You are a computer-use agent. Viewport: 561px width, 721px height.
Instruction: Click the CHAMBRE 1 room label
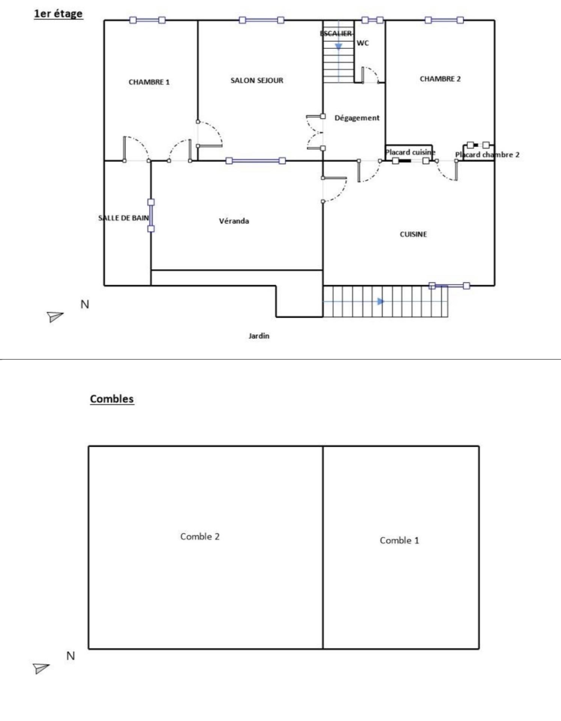[x=149, y=82]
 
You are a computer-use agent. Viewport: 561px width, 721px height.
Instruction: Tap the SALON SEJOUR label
[x=257, y=80]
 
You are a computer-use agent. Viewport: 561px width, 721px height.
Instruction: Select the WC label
[x=363, y=43]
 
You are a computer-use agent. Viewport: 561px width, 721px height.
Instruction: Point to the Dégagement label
[x=357, y=118]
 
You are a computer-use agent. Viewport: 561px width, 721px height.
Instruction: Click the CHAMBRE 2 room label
[x=440, y=79]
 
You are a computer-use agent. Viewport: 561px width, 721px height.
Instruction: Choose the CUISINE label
[x=413, y=234]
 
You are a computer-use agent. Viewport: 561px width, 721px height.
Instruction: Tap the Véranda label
[x=234, y=221]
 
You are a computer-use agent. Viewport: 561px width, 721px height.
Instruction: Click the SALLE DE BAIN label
[x=124, y=218]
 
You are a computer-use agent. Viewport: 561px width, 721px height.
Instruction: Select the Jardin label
[x=259, y=336]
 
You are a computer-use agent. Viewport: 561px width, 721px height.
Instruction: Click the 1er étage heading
[x=58, y=14]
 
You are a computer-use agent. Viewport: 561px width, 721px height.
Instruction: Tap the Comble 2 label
[x=200, y=536]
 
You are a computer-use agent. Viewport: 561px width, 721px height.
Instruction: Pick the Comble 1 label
[x=399, y=540]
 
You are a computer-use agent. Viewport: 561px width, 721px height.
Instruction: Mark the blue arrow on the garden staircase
[x=381, y=301]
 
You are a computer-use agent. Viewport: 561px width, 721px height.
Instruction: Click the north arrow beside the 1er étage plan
[x=55, y=317]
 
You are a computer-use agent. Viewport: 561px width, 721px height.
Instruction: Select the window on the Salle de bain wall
[x=151, y=216]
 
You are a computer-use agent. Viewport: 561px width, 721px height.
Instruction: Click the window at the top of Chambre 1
[x=147, y=20]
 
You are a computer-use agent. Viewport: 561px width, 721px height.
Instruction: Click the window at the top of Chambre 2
[x=444, y=20]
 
